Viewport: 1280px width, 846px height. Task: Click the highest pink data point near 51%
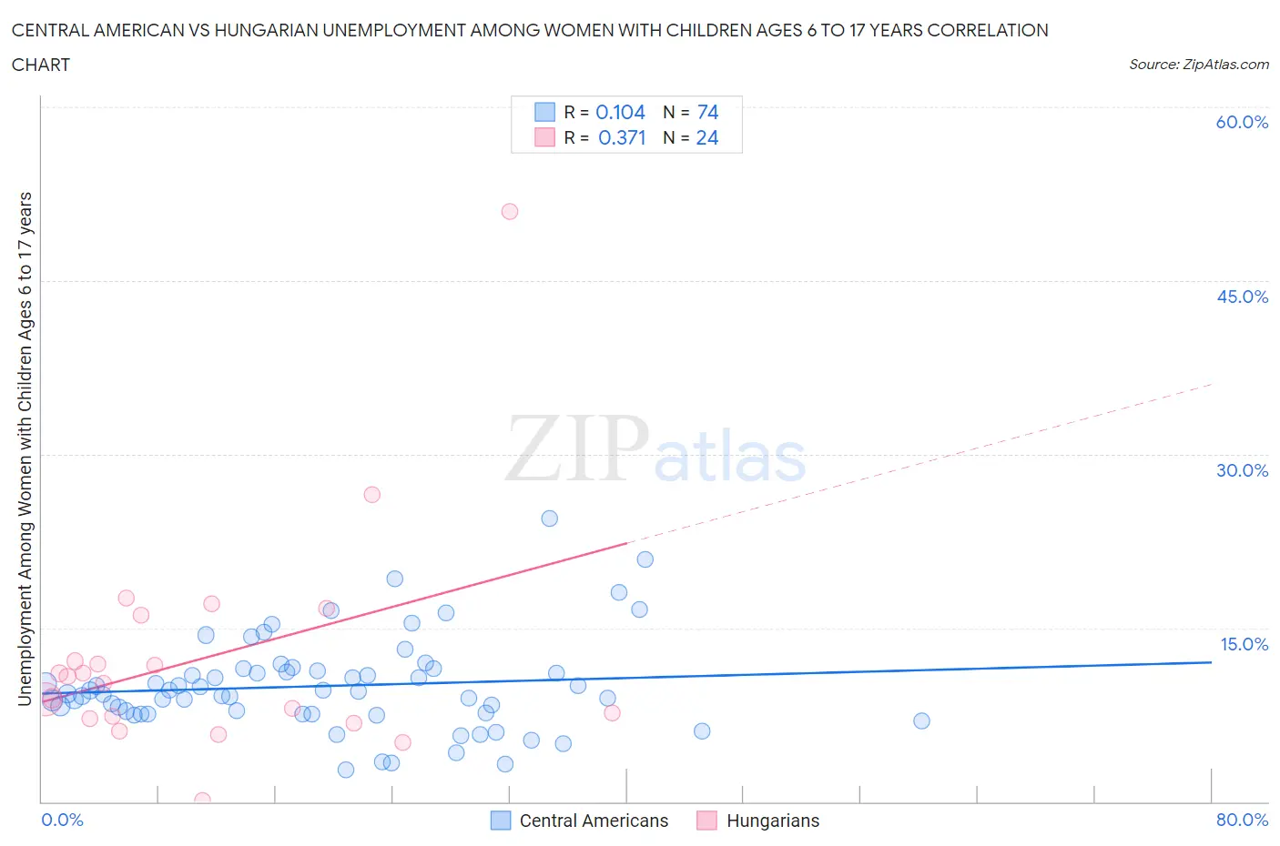pyautogui.click(x=510, y=211)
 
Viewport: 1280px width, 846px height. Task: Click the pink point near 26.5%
pyautogui.click(x=371, y=495)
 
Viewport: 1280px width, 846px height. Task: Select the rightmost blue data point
pyautogui.click(x=921, y=720)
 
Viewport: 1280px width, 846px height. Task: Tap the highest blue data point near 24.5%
pyautogui.click(x=549, y=519)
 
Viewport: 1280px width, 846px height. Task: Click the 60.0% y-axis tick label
pyautogui.click(x=1242, y=122)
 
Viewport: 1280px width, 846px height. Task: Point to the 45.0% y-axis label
pyautogui.click(x=1242, y=297)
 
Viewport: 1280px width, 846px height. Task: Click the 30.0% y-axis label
pyautogui.click(x=1242, y=470)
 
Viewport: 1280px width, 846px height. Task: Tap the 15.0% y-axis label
pyautogui.click(x=1244, y=644)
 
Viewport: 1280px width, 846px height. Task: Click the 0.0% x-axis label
pyautogui.click(x=62, y=820)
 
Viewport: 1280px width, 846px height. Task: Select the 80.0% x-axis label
pyautogui.click(x=1242, y=820)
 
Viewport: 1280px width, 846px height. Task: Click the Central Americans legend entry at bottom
pyautogui.click(x=593, y=821)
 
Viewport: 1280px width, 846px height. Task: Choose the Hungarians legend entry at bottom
pyautogui.click(x=772, y=821)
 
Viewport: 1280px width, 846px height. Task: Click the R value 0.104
pyautogui.click(x=620, y=112)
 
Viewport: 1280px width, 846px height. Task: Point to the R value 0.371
pyautogui.click(x=622, y=137)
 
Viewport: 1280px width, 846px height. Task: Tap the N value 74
pyautogui.click(x=707, y=112)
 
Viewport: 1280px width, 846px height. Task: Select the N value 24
pyautogui.click(x=707, y=137)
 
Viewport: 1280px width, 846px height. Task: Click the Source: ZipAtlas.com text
pyautogui.click(x=1198, y=64)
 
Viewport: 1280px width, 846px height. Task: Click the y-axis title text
pyautogui.click(x=25, y=448)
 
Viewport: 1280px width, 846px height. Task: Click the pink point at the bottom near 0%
pyautogui.click(x=202, y=801)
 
